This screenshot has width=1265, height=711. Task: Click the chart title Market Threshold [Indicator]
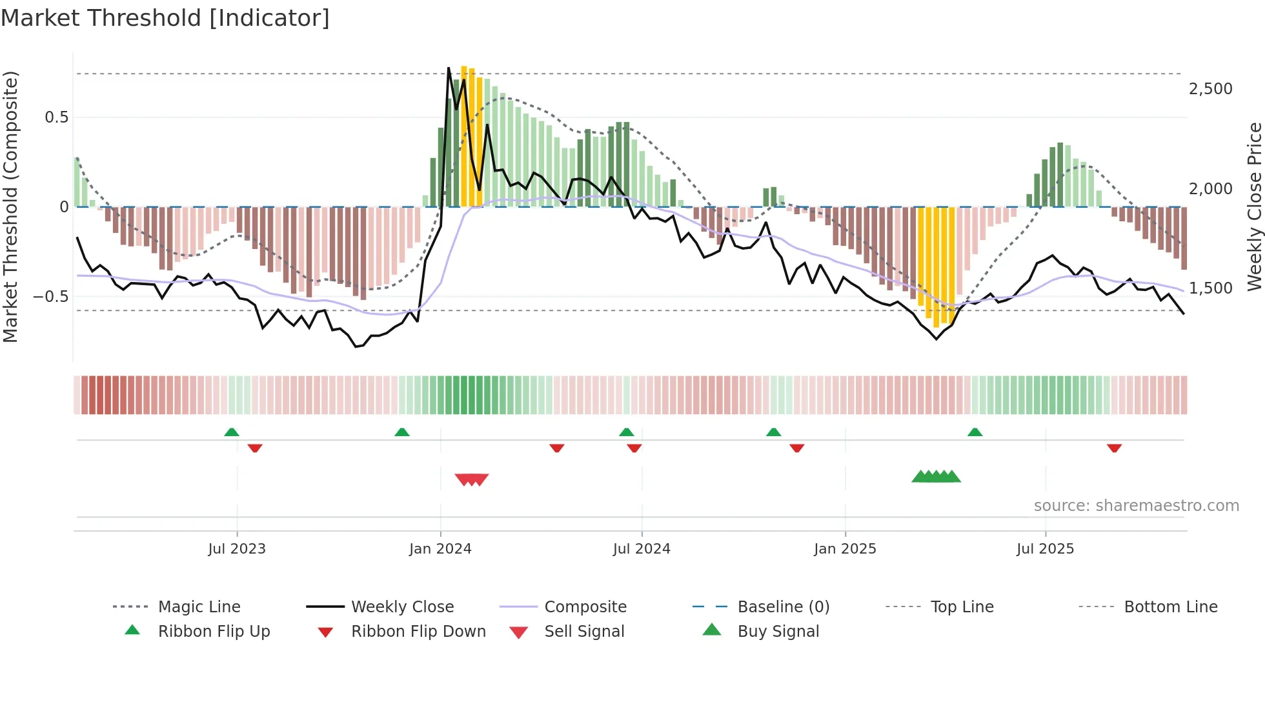(165, 18)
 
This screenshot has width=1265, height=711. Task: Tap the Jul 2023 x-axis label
(236, 549)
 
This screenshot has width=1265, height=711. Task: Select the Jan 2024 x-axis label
(440, 549)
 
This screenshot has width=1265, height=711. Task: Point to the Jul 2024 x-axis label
(642, 549)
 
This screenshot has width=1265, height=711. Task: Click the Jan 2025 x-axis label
(845, 549)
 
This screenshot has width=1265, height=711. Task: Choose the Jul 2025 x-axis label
(1045, 549)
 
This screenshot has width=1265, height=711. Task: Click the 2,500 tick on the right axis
(1210, 89)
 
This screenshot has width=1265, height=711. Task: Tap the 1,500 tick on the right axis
(1210, 288)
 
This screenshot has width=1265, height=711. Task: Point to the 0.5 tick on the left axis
(56, 117)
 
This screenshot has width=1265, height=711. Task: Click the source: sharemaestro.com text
(1136, 506)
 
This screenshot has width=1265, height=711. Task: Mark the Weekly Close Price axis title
(1254, 206)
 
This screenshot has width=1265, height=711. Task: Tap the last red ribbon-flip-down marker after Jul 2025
(1114, 448)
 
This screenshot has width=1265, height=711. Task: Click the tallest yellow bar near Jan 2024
(464, 135)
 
